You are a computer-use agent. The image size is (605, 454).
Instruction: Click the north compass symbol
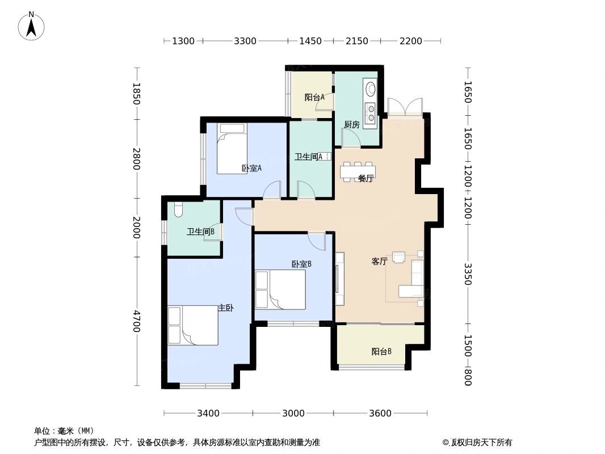pos(32,26)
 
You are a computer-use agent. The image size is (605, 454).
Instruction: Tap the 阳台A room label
pos(314,97)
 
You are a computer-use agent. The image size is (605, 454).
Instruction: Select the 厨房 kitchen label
pos(351,125)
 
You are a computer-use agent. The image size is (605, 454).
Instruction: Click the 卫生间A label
pos(309,157)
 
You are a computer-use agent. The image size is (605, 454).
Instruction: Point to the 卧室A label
pos(251,168)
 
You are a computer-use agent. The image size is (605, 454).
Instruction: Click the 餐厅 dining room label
pos(365,178)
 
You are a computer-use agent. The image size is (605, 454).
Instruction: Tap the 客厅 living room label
pos(379,262)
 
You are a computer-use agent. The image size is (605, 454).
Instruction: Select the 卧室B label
pos(301,264)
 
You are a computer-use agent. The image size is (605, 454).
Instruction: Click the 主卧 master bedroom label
pos(226,308)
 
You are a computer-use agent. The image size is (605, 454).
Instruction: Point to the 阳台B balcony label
pos(381,351)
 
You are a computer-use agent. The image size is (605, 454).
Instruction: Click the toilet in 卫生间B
pos(178,209)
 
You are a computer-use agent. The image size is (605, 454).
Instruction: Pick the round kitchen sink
pos(371,89)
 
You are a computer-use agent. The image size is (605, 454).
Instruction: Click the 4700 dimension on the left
pos(136,321)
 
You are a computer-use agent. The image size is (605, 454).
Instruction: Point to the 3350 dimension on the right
pos(467,274)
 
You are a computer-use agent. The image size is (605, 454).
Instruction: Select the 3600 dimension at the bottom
pos(380,413)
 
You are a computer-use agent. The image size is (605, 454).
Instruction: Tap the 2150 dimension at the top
pos(357,41)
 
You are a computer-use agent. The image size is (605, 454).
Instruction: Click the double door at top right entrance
pos(405,107)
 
